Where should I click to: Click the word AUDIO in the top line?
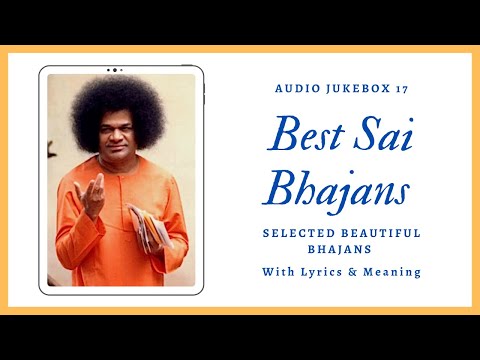pos(294,89)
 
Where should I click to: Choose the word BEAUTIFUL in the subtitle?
pos(384,233)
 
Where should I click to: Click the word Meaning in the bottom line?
pos(394,271)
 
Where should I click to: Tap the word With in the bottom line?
pos(281,271)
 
